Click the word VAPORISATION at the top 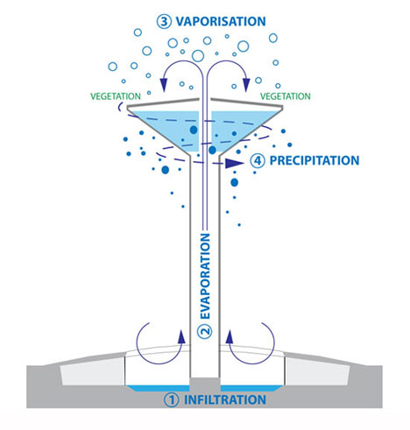click(x=221, y=21)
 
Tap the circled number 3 click(x=164, y=22)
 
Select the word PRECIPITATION click(x=315, y=160)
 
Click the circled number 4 click(x=258, y=161)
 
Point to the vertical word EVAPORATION click(x=205, y=276)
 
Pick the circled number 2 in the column click(x=205, y=331)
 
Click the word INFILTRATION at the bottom click(x=225, y=399)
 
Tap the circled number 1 click(x=171, y=400)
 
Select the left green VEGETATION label click(x=116, y=96)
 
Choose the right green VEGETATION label click(x=286, y=96)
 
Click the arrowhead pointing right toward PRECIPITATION click(x=234, y=163)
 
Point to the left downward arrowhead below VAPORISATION click(x=164, y=85)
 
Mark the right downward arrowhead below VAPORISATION click(x=246, y=85)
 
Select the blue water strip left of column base click(x=159, y=388)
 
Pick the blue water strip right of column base click(x=251, y=388)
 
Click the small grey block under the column click(x=205, y=384)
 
